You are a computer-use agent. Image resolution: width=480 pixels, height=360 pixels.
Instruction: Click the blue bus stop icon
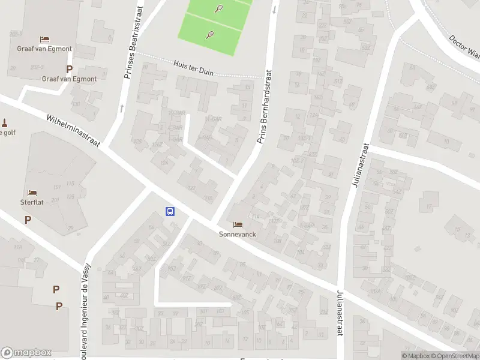(170, 211)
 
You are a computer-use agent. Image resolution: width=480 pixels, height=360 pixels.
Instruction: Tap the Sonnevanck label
(237, 234)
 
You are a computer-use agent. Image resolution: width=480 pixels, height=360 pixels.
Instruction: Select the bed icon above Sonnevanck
(238, 224)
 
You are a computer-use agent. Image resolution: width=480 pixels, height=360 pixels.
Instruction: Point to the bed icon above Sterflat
(32, 193)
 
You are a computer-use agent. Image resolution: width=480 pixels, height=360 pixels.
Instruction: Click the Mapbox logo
(26, 353)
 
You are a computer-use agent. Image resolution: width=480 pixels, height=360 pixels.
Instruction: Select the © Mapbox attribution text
(416, 356)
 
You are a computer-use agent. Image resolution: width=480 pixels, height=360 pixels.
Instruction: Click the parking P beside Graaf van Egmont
(69, 69)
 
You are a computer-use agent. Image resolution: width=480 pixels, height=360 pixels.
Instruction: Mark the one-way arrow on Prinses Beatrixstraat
(122, 108)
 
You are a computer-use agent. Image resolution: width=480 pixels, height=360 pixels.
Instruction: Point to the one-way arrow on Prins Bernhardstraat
(274, 9)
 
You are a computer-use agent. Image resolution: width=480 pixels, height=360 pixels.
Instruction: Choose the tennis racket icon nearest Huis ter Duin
(210, 34)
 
